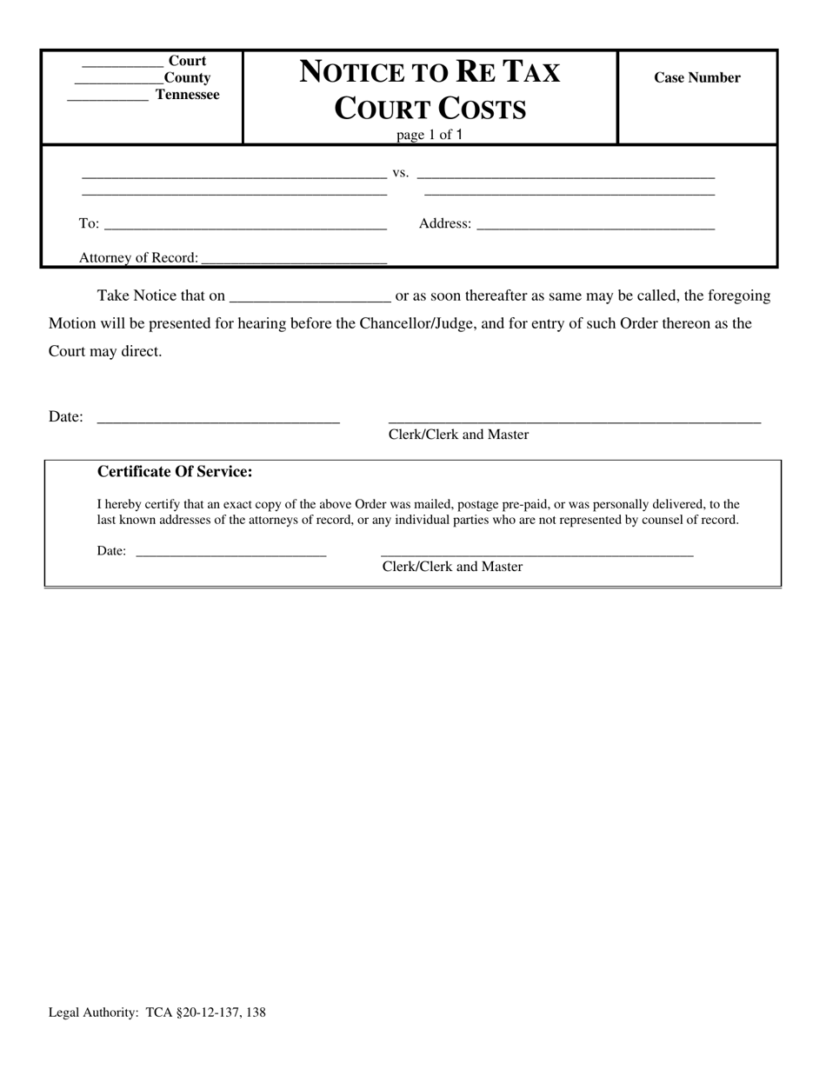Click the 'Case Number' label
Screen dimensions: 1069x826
pos(696,77)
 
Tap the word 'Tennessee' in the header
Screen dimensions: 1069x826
pos(187,95)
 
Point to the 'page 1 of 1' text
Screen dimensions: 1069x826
pos(430,135)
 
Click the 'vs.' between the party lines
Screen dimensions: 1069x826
pos(400,172)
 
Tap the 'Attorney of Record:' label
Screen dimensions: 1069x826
pos(138,257)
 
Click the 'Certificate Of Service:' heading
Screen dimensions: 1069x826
pos(175,472)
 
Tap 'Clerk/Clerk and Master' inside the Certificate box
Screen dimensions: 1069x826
pos(452,567)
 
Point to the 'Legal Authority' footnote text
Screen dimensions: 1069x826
pos(157,1012)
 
